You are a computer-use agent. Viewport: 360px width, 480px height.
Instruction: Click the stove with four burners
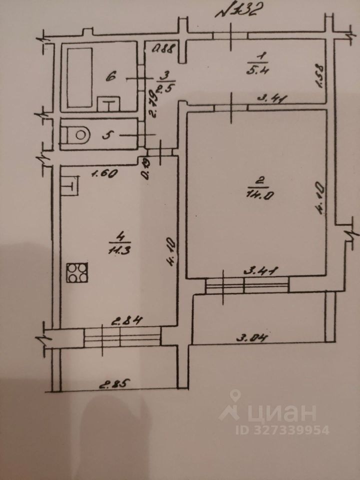pyautogui.click(x=77, y=273)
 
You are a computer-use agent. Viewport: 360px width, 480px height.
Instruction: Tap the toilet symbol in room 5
pyautogui.click(x=77, y=134)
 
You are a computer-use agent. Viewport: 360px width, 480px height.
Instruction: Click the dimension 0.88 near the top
pyautogui.click(x=162, y=49)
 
